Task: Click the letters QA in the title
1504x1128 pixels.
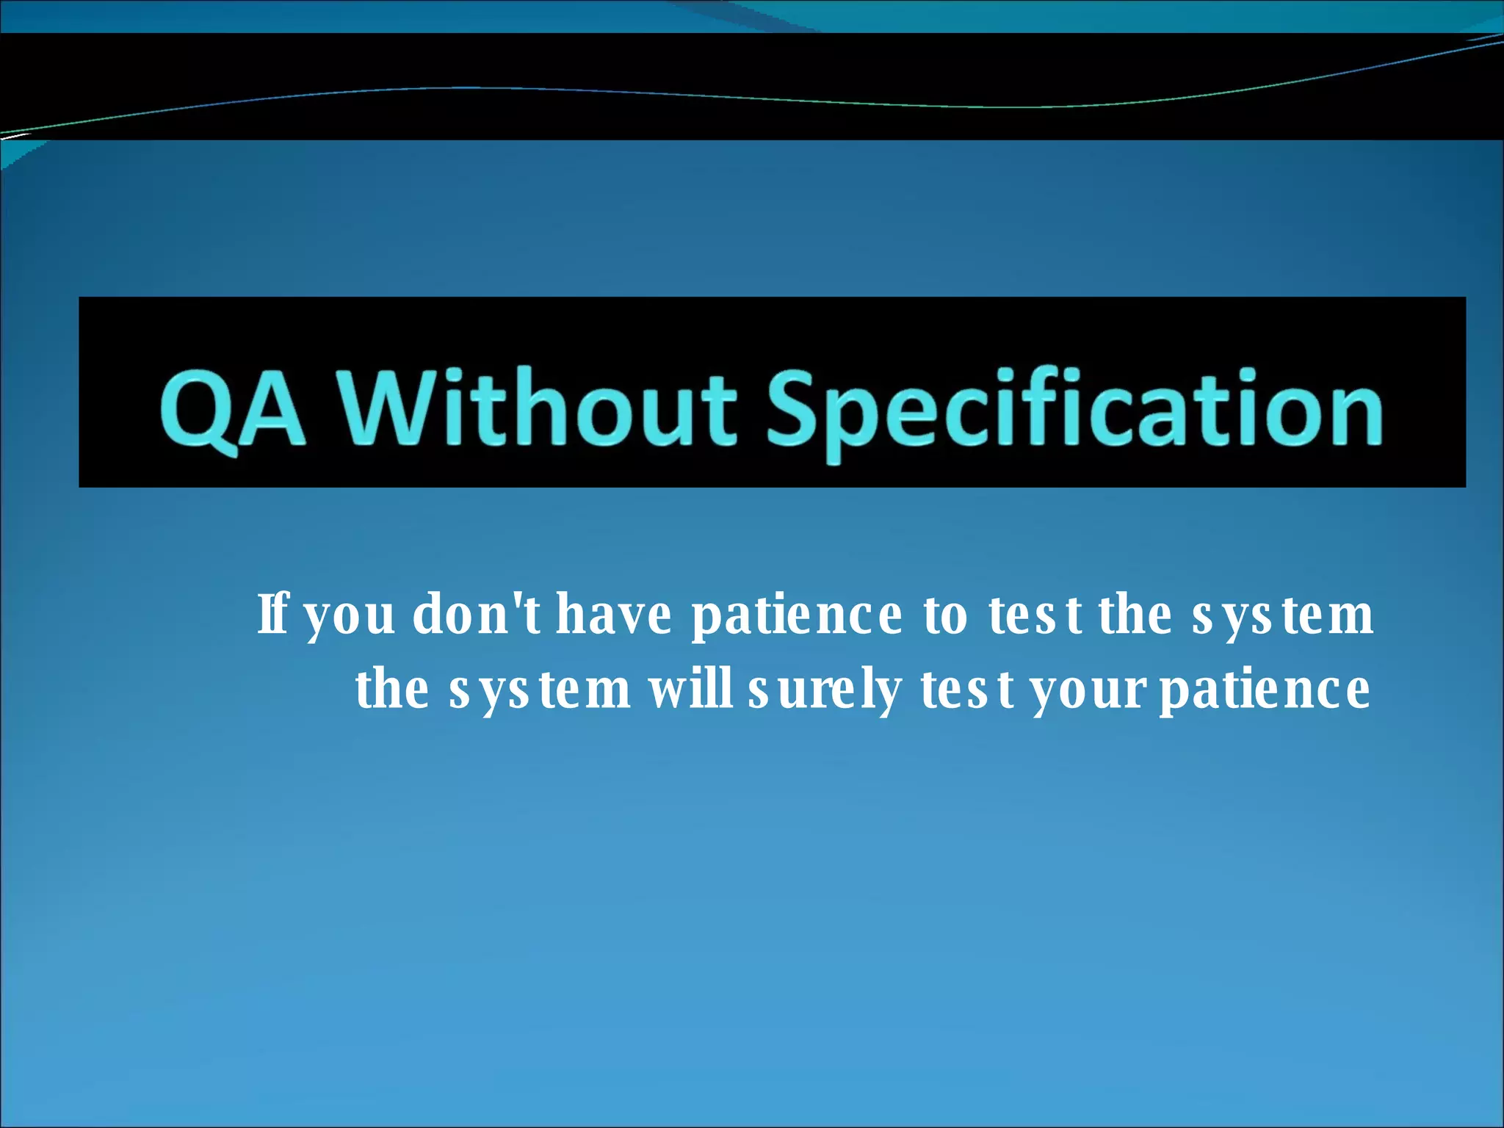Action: coord(233,409)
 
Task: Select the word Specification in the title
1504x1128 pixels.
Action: coord(1074,409)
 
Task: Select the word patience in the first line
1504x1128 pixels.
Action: coord(797,617)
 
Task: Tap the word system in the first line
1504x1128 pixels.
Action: coord(1282,615)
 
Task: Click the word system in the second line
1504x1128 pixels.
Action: coord(539,691)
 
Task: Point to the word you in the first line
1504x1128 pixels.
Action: coord(350,617)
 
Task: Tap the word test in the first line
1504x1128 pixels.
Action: coord(1035,615)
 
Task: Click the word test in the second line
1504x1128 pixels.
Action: coord(967,691)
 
